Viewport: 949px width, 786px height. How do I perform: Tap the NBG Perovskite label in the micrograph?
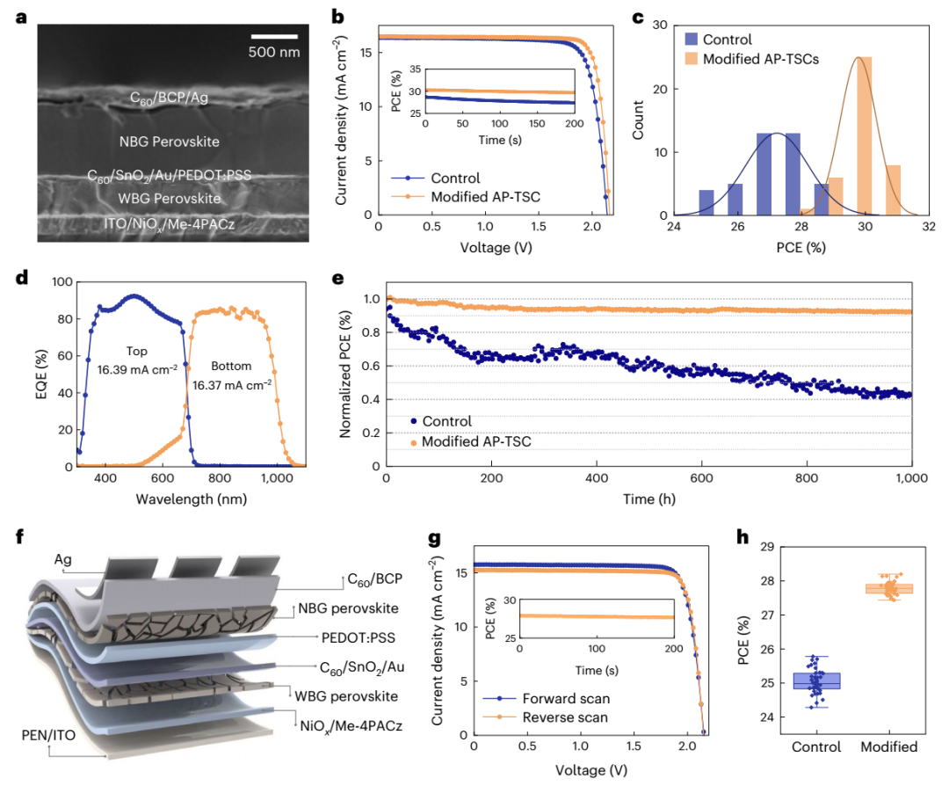[169, 141]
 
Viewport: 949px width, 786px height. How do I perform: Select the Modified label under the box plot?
[888, 746]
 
